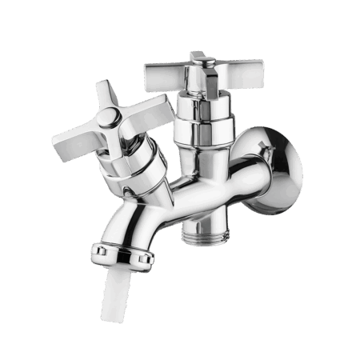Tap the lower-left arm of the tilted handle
click(x=74, y=145)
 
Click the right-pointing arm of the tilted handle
click(x=149, y=108)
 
